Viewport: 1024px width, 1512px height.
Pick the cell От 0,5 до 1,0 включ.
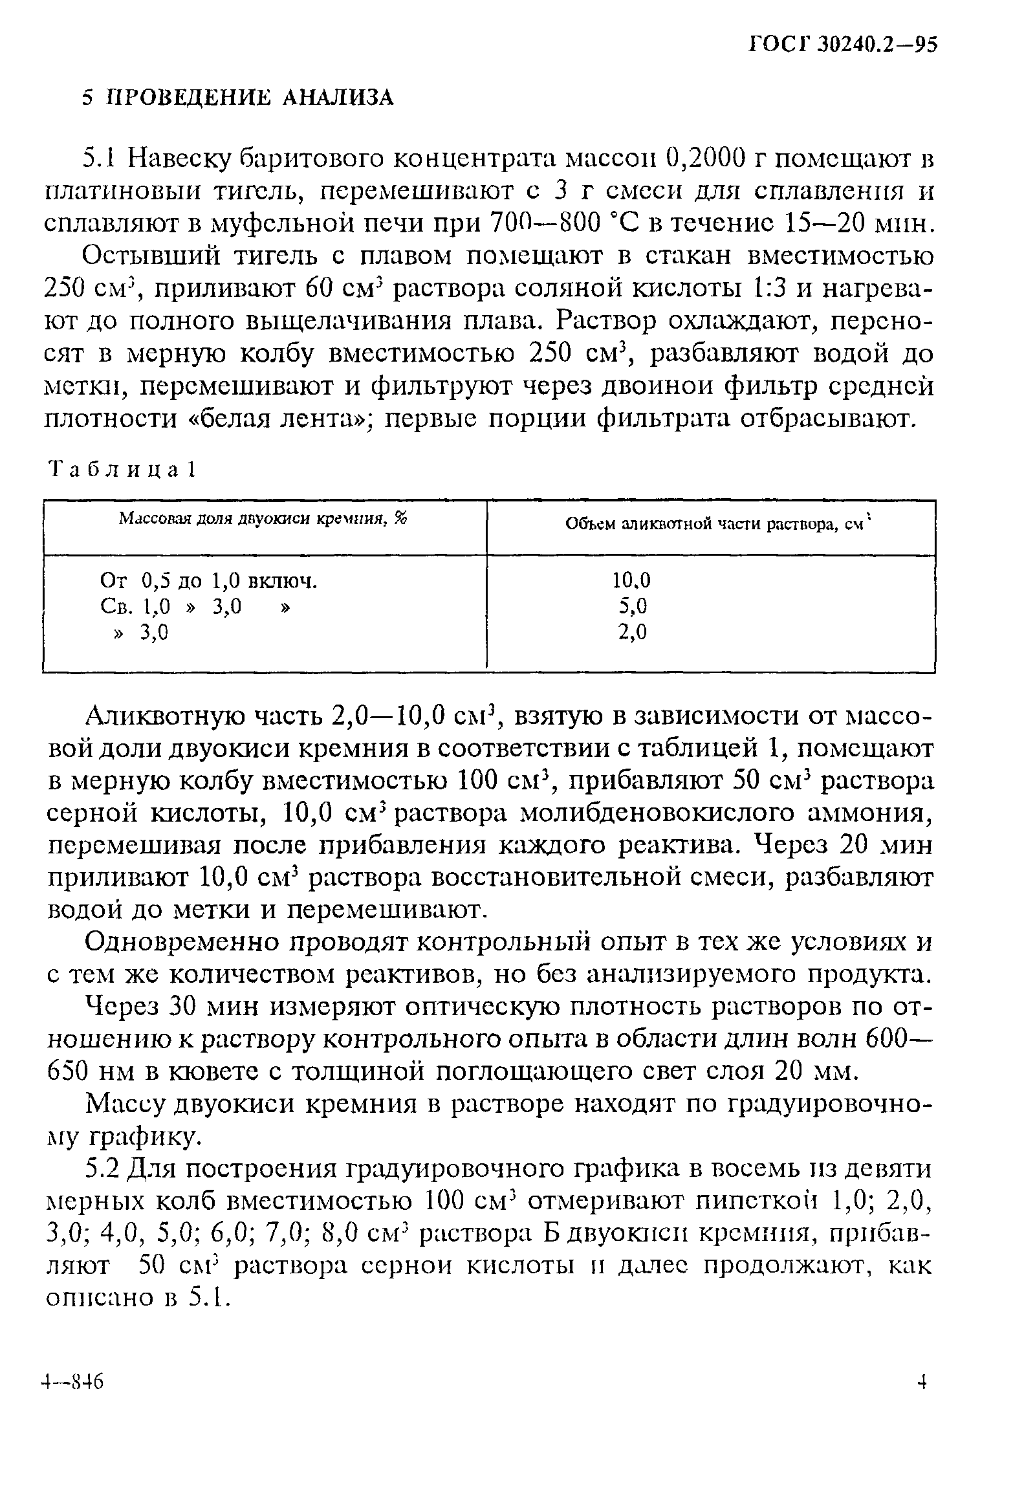pyautogui.click(x=209, y=580)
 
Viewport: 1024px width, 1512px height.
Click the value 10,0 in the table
pyautogui.click(x=631, y=580)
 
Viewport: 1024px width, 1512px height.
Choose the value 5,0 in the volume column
pyautogui.click(x=633, y=606)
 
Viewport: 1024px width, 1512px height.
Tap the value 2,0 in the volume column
pyautogui.click(x=633, y=631)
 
